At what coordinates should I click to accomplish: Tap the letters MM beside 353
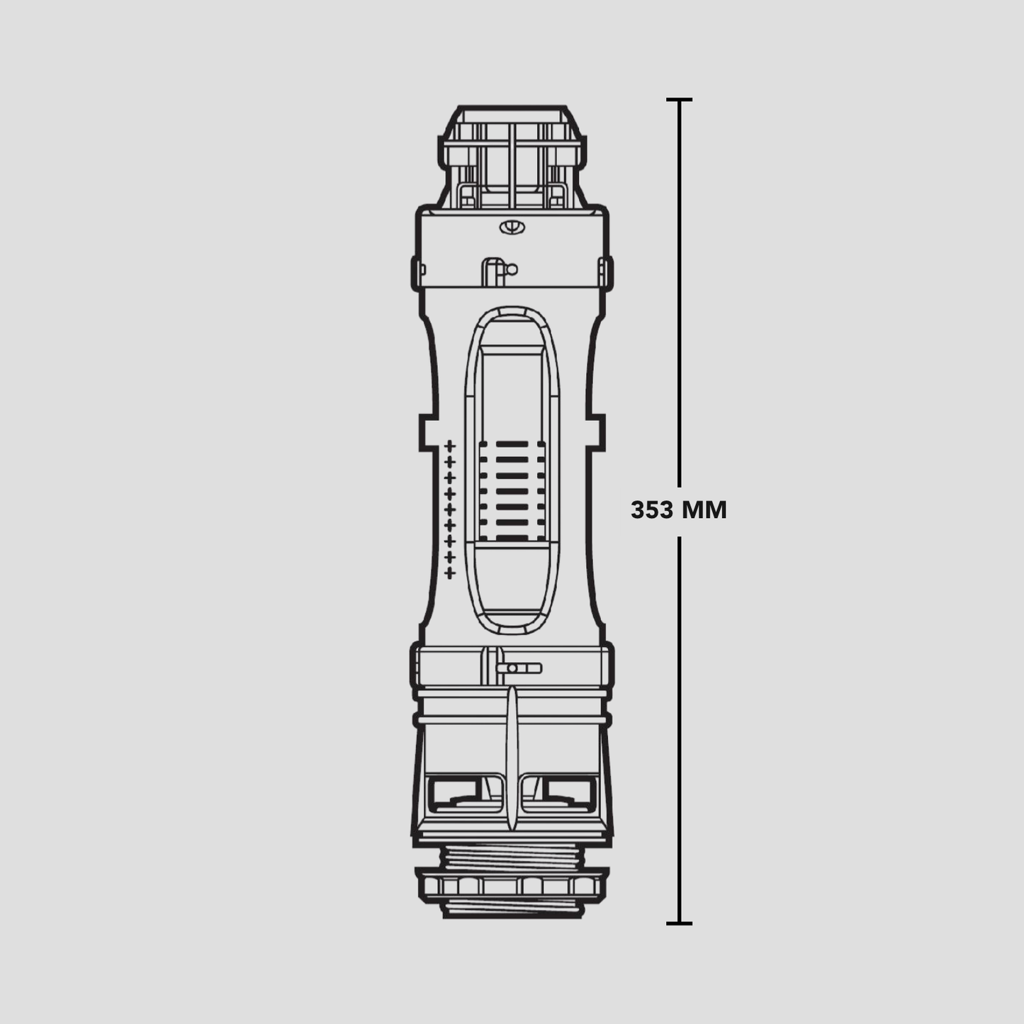click(704, 510)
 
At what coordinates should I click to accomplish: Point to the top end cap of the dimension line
click(679, 99)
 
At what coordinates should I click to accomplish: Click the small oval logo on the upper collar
click(512, 227)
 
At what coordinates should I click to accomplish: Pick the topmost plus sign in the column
click(449, 445)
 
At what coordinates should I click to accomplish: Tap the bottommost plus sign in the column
click(449, 573)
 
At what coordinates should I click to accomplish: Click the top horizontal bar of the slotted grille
click(512, 444)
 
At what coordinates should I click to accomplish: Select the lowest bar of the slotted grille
click(512, 539)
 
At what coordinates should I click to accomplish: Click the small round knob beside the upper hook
click(512, 269)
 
